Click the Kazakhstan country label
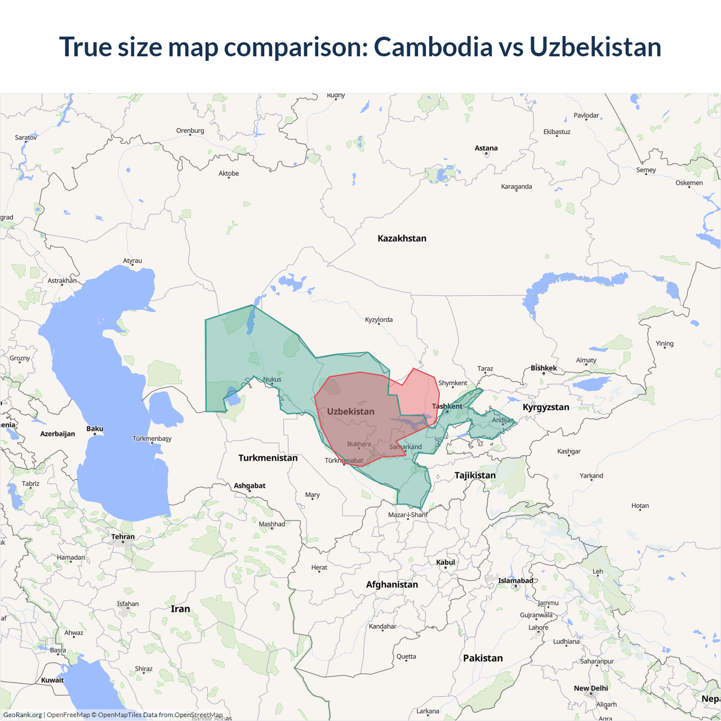point(402,238)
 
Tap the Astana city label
point(486,148)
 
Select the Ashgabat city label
point(250,486)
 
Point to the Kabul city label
point(446,562)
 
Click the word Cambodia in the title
point(433,47)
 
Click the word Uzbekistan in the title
point(595,47)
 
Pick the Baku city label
point(95,429)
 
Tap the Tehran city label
point(123,536)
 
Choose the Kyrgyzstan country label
point(546,407)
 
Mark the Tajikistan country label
point(475,475)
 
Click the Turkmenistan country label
point(268,457)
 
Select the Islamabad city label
point(515,581)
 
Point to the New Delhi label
point(591,688)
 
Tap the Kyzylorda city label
point(379,319)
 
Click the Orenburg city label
point(190,131)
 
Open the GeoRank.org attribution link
point(23,715)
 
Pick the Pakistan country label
point(483,658)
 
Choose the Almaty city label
point(586,360)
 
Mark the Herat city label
point(319,567)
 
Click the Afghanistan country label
point(392,584)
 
